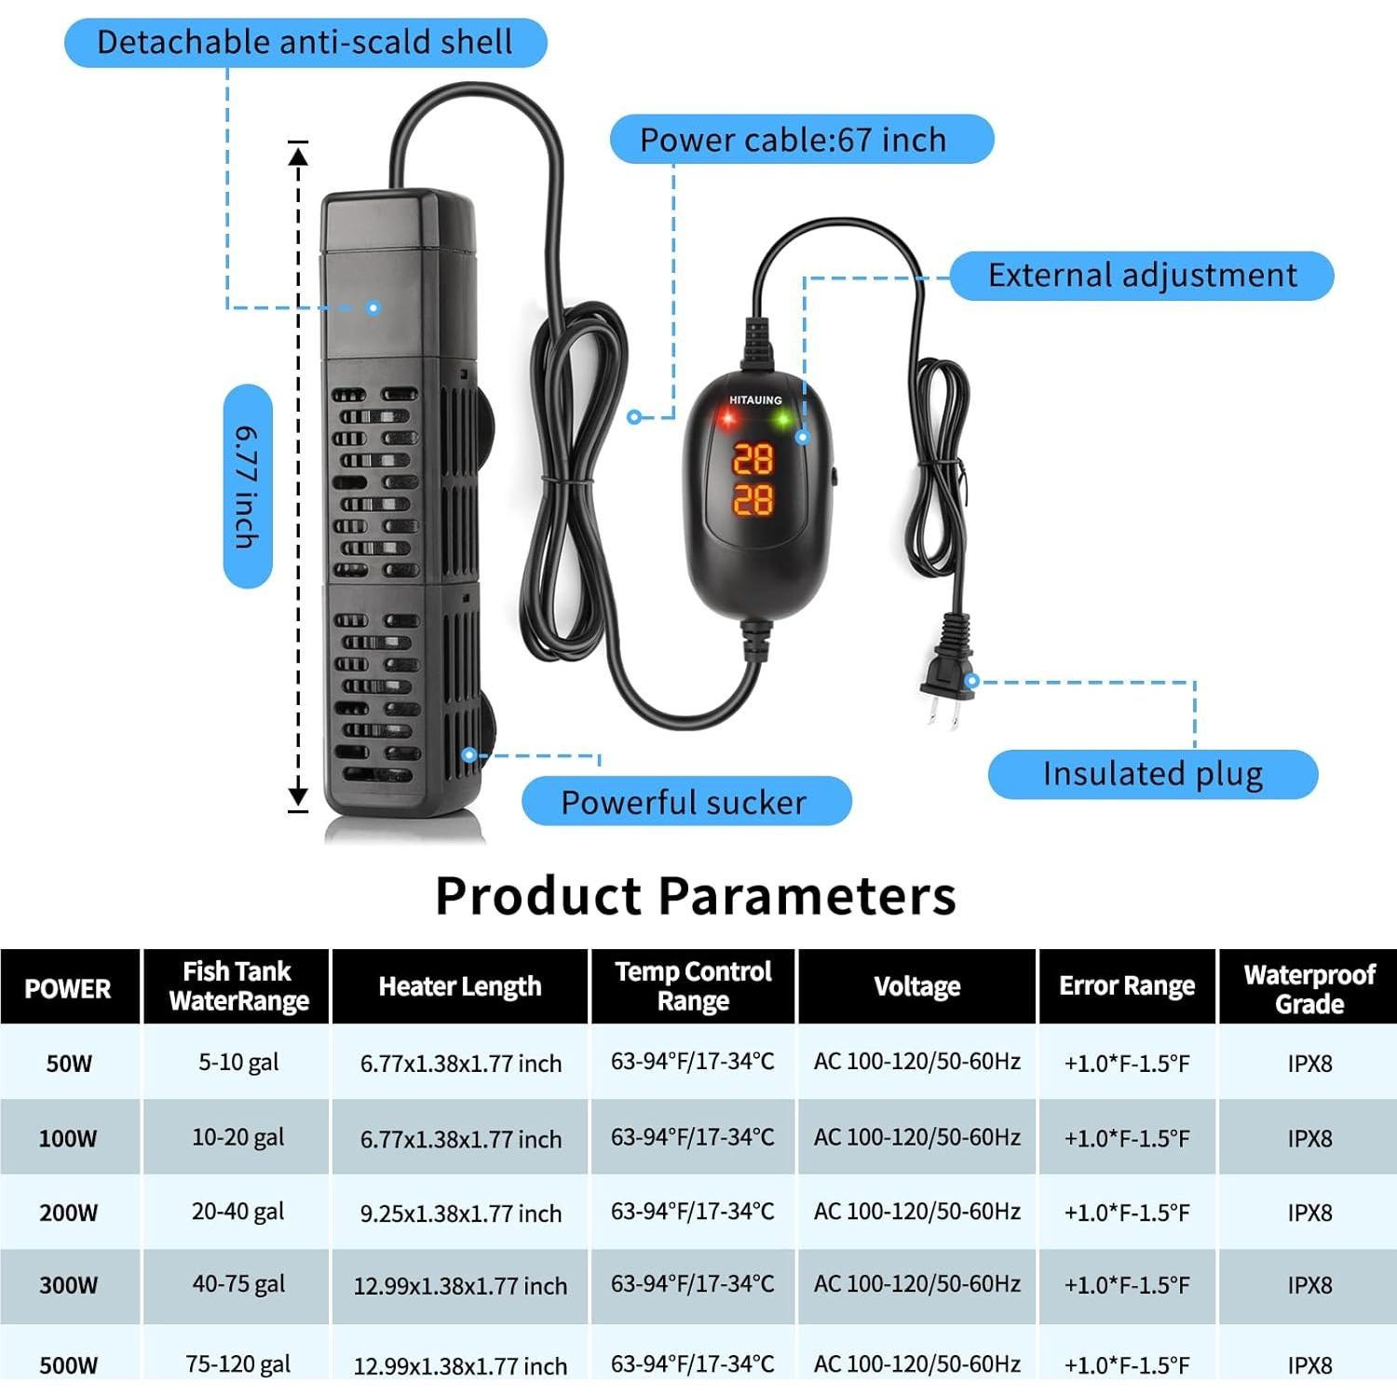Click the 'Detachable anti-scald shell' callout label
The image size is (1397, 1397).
(x=305, y=43)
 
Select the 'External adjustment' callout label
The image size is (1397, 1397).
(x=1142, y=276)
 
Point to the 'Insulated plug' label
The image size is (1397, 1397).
(x=1153, y=774)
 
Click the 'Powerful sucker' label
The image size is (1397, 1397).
(x=686, y=802)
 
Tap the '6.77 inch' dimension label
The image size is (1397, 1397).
(x=248, y=486)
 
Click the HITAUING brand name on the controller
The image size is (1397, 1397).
(x=755, y=400)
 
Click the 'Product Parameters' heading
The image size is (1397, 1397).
(x=696, y=896)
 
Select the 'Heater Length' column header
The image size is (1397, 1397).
(x=460, y=987)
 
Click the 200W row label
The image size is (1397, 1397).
(x=68, y=1213)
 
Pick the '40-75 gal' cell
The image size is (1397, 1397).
(x=238, y=1284)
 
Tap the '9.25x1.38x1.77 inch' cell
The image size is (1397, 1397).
(x=461, y=1214)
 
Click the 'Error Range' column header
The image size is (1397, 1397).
(x=1127, y=986)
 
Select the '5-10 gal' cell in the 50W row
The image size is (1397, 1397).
(x=238, y=1063)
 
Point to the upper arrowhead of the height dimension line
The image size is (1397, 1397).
(x=298, y=155)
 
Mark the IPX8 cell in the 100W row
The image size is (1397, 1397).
(x=1309, y=1139)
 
